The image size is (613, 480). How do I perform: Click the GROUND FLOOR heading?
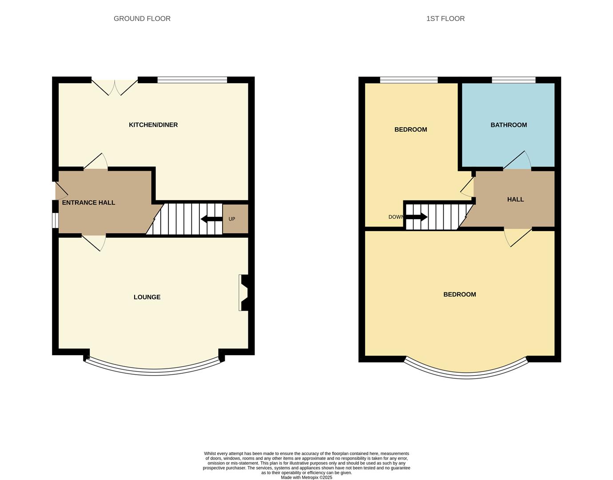click(x=142, y=19)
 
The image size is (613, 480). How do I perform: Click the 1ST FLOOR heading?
click(x=445, y=19)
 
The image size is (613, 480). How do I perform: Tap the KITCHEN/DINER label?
click(x=153, y=125)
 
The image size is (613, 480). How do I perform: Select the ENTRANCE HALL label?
click(x=88, y=203)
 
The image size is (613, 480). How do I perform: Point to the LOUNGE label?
click(x=147, y=297)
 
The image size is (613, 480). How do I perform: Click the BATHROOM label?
click(x=509, y=125)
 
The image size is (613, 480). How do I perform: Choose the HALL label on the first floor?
click(x=515, y=200)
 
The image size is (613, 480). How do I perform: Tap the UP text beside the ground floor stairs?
click(x=232, y=219)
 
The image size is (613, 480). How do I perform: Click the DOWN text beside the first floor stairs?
click(x=396, y=217)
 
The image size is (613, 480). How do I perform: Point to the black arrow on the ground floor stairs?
click(x=211, y=219)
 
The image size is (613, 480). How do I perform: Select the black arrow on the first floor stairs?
click(x=417, y=217)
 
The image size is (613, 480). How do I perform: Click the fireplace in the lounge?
click(x=243, y=292)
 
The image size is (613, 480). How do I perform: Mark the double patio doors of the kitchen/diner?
click(x=115, y=87)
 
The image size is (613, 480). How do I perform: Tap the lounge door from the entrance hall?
click(x=94, y=242)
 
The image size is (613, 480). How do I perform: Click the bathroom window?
click(x=513, y=80)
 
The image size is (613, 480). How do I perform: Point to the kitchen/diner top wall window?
click(x=192, y=80)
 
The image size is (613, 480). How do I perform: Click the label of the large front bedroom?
click(x=459, y=295)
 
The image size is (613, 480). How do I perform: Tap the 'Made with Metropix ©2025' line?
click(x=306, y=477)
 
